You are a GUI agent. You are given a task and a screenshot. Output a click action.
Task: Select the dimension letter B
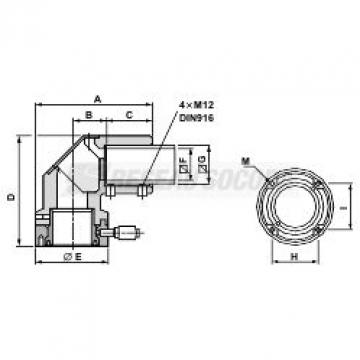(x=90, y=116)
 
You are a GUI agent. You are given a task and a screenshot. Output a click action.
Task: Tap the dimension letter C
(x=129, y=116)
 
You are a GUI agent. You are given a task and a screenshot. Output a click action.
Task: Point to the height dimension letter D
(x=11, y=198)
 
